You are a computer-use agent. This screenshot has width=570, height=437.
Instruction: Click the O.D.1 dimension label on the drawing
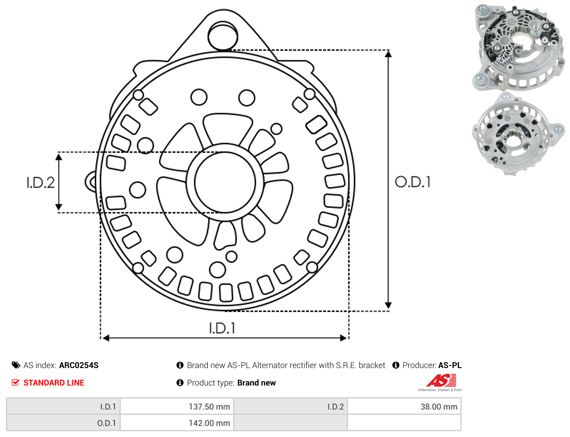coord(413,182)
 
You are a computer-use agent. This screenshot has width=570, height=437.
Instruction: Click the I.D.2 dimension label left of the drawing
coord(41,182)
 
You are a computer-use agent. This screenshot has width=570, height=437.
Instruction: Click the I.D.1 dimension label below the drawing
coord(222,328)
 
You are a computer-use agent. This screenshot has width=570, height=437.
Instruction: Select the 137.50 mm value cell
coord(177,407)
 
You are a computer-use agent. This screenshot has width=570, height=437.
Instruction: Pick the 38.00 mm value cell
coord(404,407)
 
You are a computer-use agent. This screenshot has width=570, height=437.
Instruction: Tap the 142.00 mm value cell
coord(177,423)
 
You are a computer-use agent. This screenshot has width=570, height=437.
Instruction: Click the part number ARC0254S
coord(79,365)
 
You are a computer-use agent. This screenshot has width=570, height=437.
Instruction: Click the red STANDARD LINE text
coord(54,383)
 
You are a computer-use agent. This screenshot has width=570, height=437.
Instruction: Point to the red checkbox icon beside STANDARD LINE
coord(16,383)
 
